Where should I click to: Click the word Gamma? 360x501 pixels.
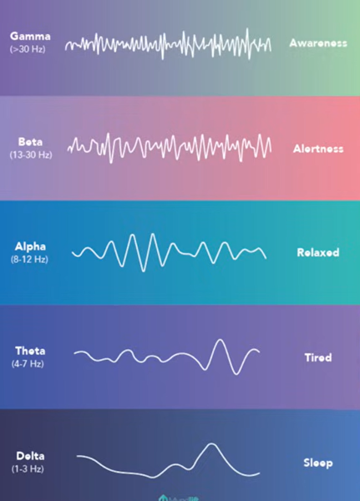[30, 38]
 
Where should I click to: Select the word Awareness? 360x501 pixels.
[317, 43]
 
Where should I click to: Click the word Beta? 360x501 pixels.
[31, 142]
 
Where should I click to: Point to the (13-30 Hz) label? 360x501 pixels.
[31, 155]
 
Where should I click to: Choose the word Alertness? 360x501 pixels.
[317, 149]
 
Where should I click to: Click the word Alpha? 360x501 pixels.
[31, 246]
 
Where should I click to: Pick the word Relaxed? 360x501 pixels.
[317, 252]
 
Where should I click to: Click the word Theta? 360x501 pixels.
[31, 351]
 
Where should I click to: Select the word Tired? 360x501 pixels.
[317, 357]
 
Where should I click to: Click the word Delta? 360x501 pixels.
[31, 456]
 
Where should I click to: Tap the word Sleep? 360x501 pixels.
[317, 462]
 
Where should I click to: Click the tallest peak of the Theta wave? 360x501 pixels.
[220, 340]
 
